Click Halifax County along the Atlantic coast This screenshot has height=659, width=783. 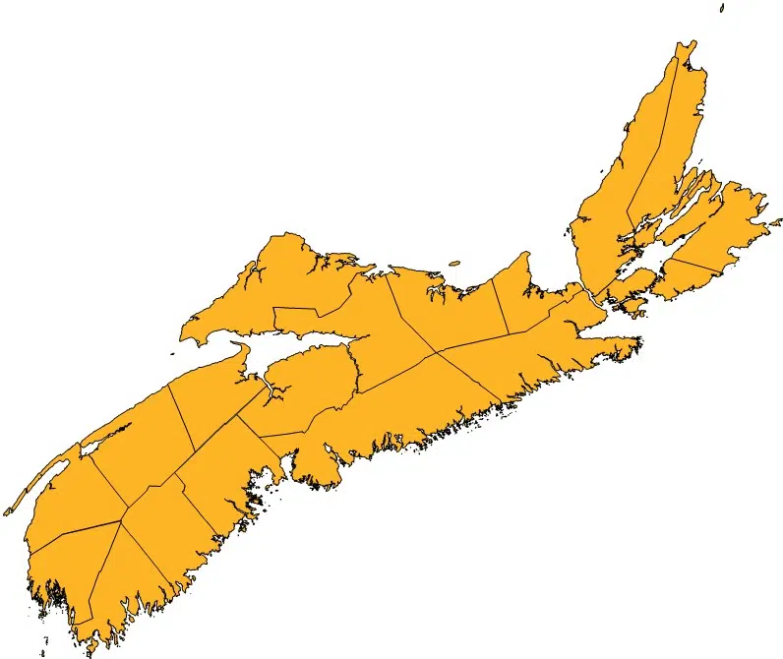(x=413, y=403)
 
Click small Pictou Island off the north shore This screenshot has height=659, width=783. (x=454, y=263)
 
